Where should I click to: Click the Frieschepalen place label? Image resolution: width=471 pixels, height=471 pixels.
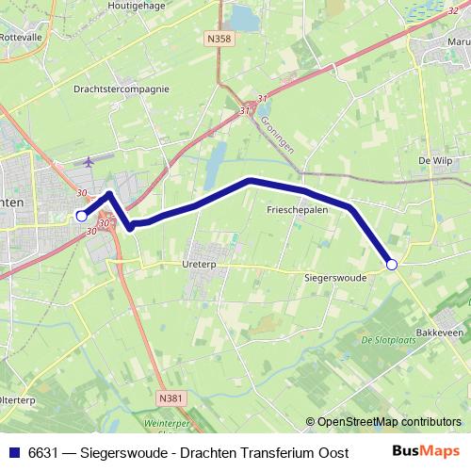click(297, 211)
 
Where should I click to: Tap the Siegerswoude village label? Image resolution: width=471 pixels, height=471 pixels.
click(335, 279)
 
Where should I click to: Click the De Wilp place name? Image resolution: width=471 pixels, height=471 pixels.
click(436, 161)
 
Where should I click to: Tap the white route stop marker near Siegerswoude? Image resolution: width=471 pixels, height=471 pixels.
click(392, 266)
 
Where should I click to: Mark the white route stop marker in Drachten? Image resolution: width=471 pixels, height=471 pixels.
click(81, 216)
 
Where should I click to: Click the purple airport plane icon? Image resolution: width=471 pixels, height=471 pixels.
click(90, 162)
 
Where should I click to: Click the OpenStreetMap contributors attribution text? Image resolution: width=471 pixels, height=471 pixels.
click(389, 422)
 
